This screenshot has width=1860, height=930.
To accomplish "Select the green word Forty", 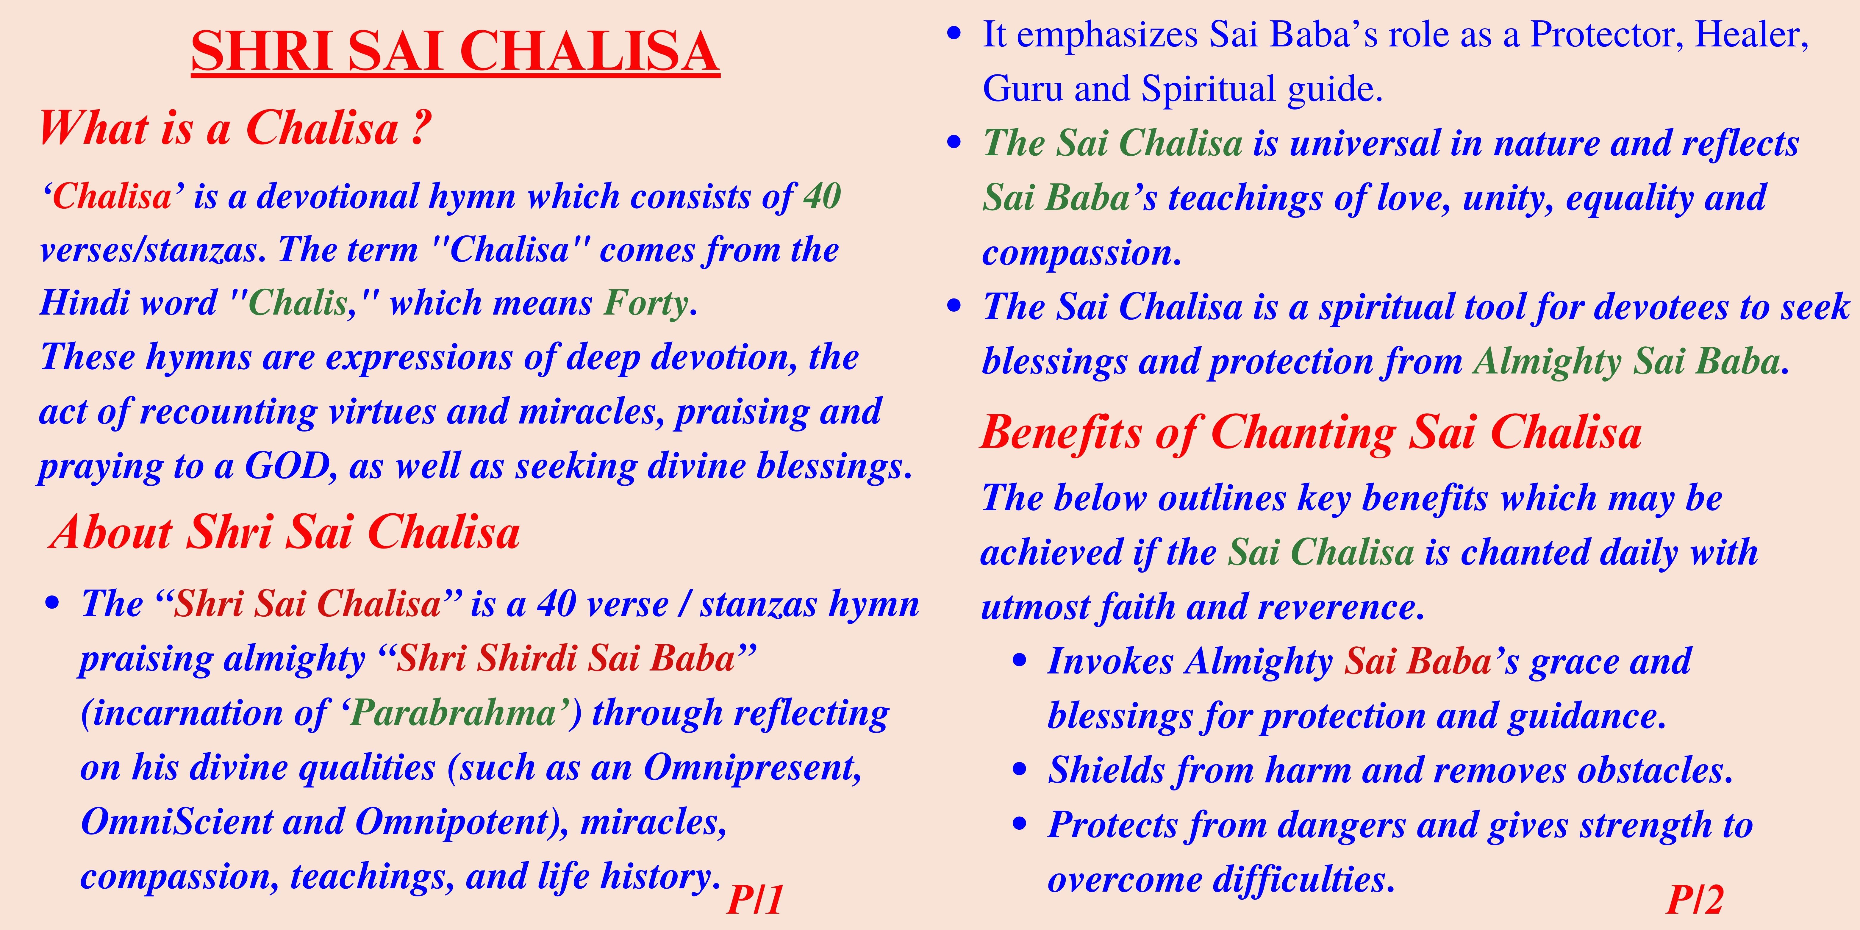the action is [647, 303].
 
